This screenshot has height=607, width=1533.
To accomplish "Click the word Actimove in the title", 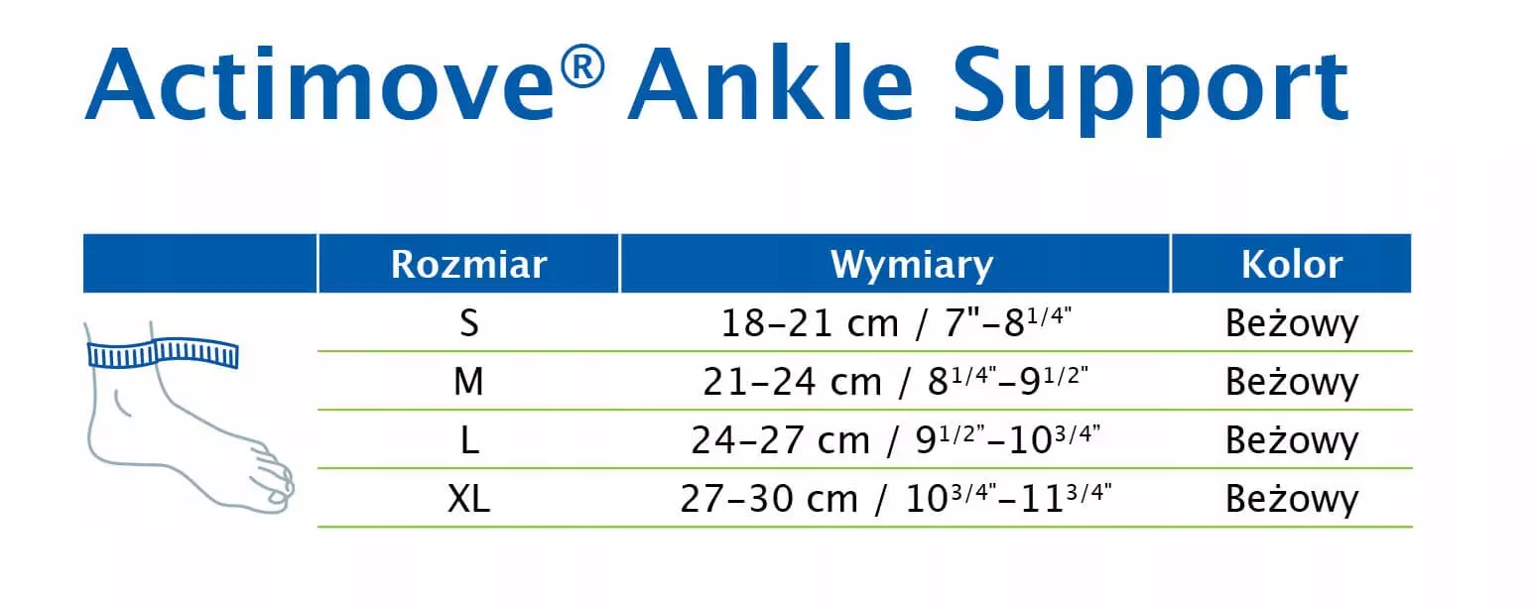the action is point(319,84).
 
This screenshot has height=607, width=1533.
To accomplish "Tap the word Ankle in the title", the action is point(771,83).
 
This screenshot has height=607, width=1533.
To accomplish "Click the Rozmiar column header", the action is point(468,264).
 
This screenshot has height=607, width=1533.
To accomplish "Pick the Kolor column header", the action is point(1292,264).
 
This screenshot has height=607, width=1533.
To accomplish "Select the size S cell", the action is point(468,323).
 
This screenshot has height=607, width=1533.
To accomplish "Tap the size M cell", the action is point(468,381).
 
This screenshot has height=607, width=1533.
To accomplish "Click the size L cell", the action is point(468,440).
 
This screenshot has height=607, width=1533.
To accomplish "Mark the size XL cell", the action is point(468,498).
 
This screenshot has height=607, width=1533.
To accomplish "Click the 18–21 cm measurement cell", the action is point(896,322).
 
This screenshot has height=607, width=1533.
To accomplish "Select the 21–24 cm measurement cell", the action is point(895,381).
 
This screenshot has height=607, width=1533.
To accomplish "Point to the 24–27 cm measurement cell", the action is point(895,439).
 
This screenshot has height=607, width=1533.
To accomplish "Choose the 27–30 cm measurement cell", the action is point(895,498).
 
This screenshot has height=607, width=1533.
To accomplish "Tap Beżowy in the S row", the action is point(1292,324).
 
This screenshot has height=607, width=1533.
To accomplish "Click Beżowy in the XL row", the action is point(1292,500).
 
